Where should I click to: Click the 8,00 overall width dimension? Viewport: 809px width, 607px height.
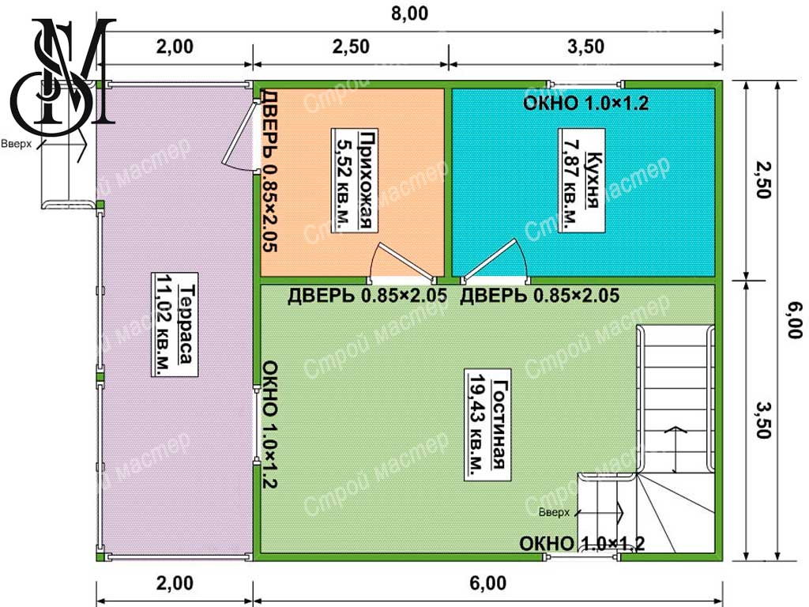tap(410, 13)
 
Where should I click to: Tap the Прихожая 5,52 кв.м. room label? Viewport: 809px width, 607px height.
tap(355, 180)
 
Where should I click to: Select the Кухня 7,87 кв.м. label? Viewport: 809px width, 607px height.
tap(582, 181)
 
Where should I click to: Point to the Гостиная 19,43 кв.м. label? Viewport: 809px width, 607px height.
tap(487, 424)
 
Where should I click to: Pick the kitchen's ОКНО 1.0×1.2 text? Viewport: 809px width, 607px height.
tap(585, 104)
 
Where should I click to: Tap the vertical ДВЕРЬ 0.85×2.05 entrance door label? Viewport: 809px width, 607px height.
tap(270, 171)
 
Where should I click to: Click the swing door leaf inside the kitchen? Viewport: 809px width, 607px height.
tap(489, 261)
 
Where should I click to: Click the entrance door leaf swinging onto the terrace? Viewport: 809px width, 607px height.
tap(240, 132)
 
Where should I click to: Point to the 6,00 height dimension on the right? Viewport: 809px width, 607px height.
tap(795, 321)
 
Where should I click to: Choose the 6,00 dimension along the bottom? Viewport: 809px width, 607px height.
tap(487, 583)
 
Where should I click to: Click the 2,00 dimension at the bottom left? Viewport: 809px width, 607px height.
tap(175, 583)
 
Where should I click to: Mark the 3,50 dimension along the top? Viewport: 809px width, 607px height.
tap(585, 47)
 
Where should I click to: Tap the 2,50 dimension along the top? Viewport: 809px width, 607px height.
tap(351, 47)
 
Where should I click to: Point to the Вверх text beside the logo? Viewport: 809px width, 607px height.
tap(16, 144)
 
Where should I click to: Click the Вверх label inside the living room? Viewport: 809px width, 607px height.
tap(554, 512)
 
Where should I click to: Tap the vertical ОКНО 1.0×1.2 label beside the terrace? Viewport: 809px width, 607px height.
tap(270, 424)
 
